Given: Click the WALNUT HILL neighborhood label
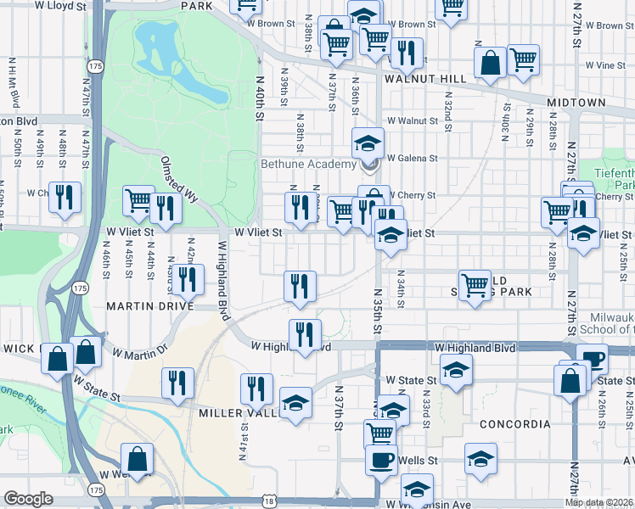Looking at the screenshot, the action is [425, 78].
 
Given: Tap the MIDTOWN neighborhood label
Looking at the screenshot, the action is [576, 103].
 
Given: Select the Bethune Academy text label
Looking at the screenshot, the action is [308, 164].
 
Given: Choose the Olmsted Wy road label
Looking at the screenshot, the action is [180, 179].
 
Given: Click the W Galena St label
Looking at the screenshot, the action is [412, 158].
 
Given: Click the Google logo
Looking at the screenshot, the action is [28, 499].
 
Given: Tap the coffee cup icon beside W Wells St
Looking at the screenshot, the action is [381, 459].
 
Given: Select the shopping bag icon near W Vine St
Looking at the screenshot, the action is [490, 62].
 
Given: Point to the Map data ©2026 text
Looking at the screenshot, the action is [598, 502].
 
